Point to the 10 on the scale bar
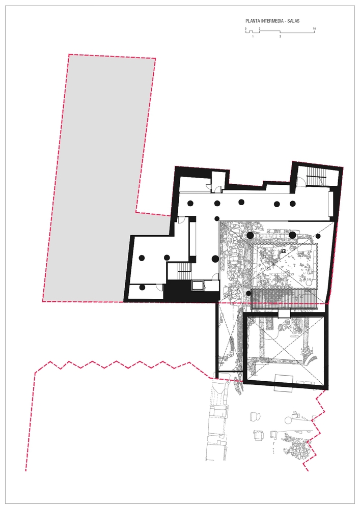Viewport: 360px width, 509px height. (x=314, y=29)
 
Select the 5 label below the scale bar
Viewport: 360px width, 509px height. (x=280, y=36)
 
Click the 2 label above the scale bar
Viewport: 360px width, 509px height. (x=259, y=29)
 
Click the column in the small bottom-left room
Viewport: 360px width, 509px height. (x=142, y=287)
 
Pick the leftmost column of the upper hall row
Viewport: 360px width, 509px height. (x=190, y=203)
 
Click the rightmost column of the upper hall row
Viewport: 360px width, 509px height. (x=293, y=204)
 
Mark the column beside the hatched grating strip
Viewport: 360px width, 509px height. (x=248, y=294)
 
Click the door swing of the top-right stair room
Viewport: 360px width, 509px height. (x=302, y=182)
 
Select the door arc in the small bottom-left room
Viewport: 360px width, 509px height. (x=159, y=287)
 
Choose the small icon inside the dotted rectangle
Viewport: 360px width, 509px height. (x=284, y=251)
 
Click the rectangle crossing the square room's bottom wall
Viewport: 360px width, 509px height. (x=284, y=382)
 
